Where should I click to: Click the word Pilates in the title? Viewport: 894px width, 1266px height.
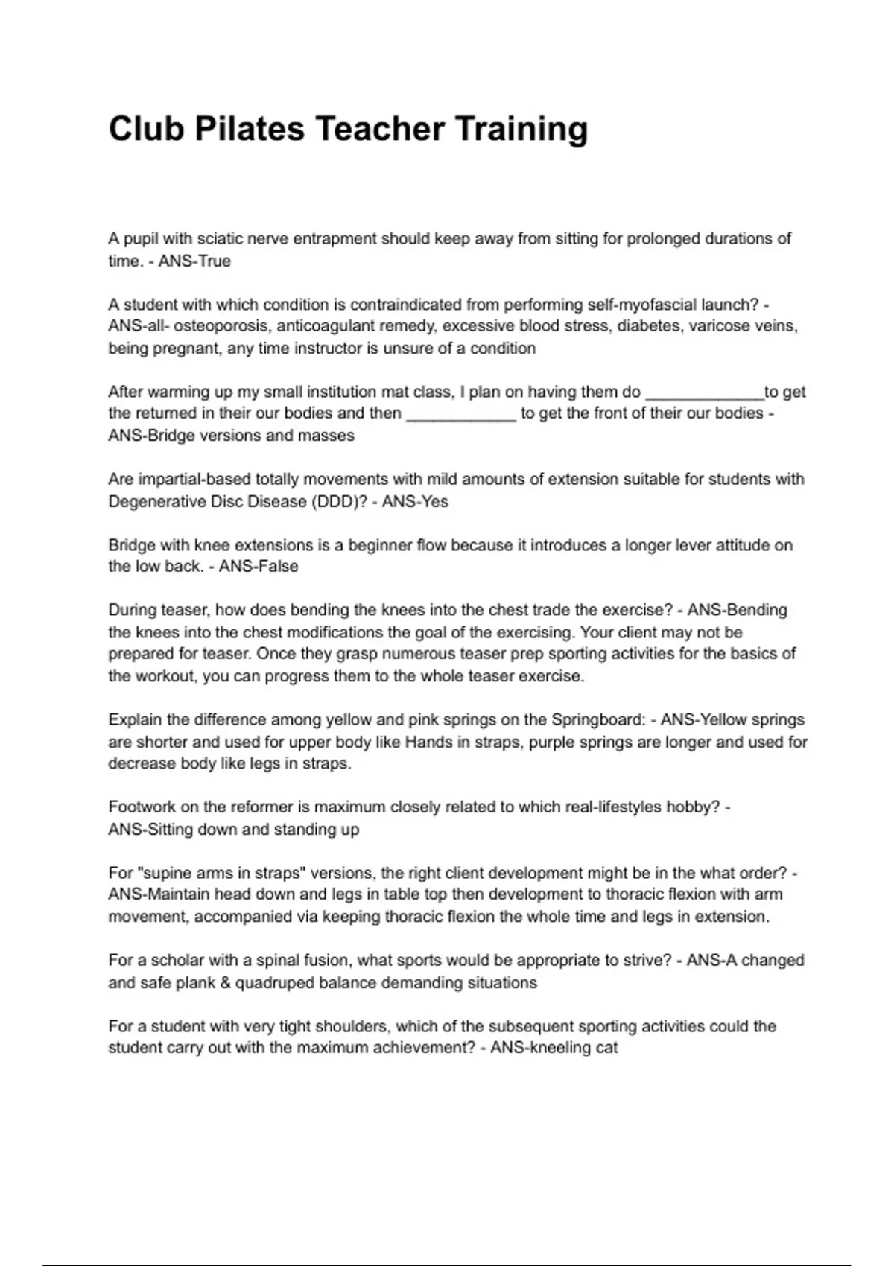click(250, 129)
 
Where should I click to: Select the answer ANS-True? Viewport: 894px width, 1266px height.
click(194, 261)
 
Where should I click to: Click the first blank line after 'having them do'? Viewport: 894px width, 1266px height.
click(704, 392)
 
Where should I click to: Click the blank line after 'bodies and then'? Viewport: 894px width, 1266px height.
click(460, 414)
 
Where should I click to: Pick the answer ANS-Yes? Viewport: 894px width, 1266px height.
click(415, 502)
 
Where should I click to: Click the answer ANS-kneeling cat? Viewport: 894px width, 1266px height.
click(554, 1049)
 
